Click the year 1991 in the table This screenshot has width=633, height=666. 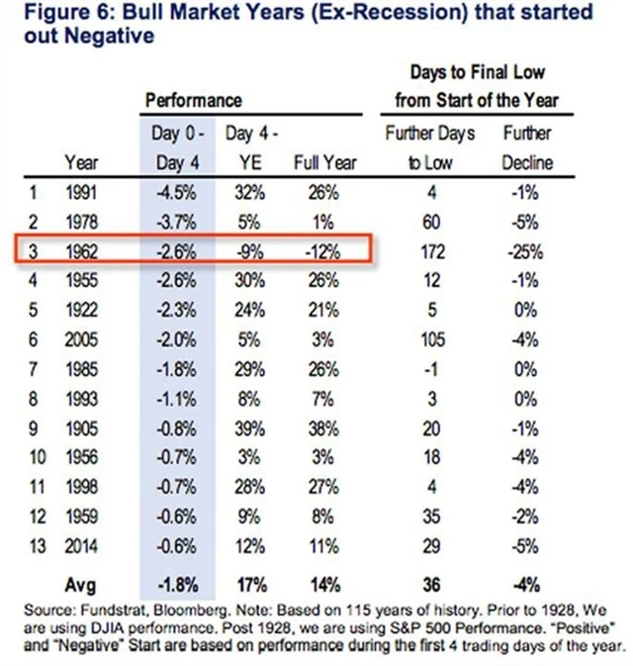(x=81, y=193)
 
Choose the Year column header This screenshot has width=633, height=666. (x=81, y=161)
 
